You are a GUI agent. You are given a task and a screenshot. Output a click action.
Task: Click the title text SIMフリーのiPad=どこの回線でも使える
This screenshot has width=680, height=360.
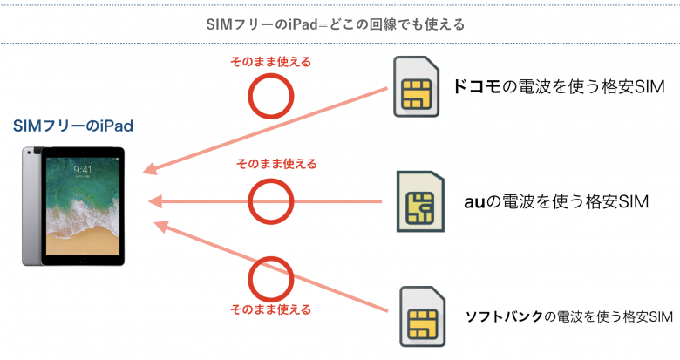[339, 23]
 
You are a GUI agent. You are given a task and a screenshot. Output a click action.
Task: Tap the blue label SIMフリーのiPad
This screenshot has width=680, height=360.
[73, 126]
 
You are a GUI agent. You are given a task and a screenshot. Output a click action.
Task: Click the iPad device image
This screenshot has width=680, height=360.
[73, 207]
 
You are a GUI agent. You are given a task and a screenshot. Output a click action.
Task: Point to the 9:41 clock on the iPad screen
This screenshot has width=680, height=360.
[83, 169]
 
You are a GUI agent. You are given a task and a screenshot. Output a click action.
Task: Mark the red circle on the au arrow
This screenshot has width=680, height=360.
[269, 201]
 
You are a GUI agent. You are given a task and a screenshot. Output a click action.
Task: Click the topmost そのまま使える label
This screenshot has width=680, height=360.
[269, 63]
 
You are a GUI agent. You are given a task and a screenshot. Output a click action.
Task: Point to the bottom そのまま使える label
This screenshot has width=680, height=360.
[269, 309]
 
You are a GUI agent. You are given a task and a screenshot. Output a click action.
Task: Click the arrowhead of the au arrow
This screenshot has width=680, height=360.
[155, 202]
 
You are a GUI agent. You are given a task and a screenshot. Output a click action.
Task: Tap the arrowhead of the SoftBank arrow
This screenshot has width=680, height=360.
[159, 226]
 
